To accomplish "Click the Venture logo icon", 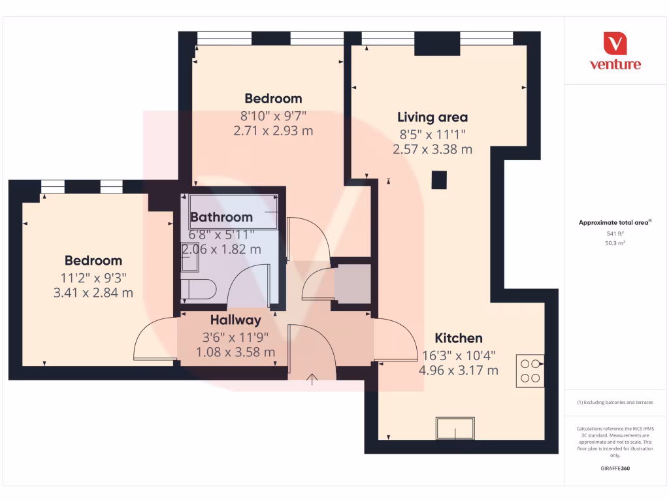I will [x=615, y=43].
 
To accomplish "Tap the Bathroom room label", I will [x=221, y=217].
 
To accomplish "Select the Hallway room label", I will [x=235, y=320].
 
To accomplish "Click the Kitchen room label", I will [x=459, y=338].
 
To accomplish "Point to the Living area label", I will [x=432, y=118].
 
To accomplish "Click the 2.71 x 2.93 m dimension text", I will [x=273, y=131].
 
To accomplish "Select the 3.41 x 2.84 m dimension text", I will [x=93, y=293].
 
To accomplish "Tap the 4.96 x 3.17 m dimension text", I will [x=459, y=371].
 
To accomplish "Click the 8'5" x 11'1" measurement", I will [x=432, y=135].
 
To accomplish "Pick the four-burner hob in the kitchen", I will [x=530, y=371].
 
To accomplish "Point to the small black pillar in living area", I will [x=440, y=179].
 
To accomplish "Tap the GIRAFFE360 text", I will [x=615, y=469].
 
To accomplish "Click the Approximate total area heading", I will [x=615, y=223].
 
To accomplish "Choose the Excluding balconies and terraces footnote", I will [x=615, y=403].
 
